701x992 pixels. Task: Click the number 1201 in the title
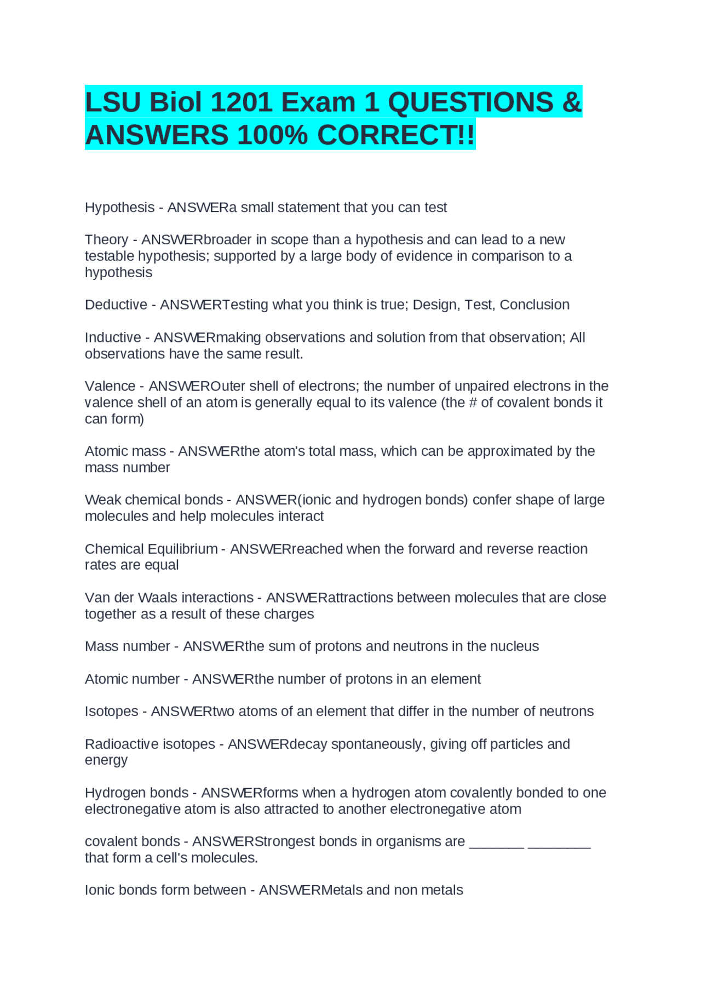point(241,102)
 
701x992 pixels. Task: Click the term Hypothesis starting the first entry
point(119,208)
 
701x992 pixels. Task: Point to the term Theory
point(106,240)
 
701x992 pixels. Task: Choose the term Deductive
point(116,305)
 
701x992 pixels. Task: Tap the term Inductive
point(113,337)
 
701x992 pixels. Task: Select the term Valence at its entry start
point(110,386)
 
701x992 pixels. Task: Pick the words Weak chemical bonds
point(154,500)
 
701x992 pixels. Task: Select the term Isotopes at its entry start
point(111,712)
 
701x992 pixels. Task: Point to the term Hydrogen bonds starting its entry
point(136,793)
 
